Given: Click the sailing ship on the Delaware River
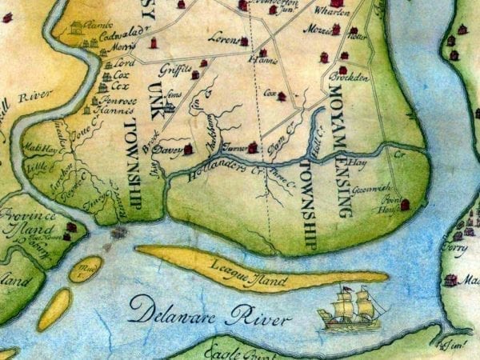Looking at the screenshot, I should click(x=350, y=309).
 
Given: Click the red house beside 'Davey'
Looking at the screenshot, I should click(x=188, y=149).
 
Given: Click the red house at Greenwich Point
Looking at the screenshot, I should click(x=404, y=205).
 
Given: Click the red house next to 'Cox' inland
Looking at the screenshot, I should click(x=282, y=96).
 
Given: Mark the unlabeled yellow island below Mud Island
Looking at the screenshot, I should click(x=54, y=309).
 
